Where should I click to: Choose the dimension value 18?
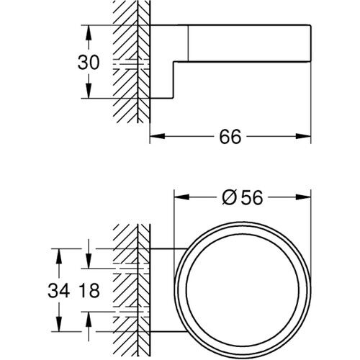click(x=88, y=292)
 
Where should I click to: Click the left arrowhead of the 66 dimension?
click(x=154, y=136)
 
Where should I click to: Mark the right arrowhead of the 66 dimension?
click(x=306, y=136)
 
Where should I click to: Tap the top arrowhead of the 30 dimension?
click(x=89, y=30)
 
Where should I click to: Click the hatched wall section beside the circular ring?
click(x=130, y=288)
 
